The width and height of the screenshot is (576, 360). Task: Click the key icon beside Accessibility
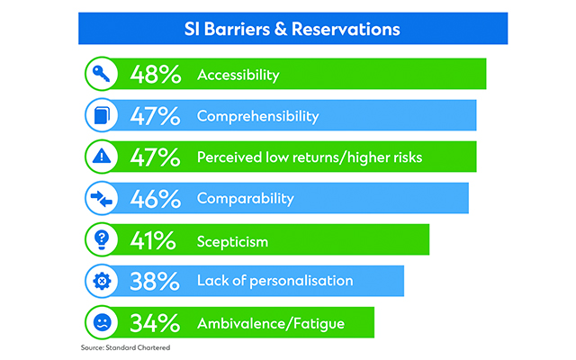click(101, 75)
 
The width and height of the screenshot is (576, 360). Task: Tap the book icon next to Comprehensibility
click(101, 116)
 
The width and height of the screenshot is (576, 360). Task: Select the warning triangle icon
click(101, 157)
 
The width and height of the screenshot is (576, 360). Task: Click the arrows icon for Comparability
click(101, 198)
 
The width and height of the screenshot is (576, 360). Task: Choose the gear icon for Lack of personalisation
click(101, 281)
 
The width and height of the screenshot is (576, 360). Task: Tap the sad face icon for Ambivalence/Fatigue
click(101, 321)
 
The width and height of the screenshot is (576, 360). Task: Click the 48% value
click(154, 75)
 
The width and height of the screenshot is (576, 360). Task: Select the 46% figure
click(154, 198)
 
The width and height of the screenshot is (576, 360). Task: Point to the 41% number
click(154, 240)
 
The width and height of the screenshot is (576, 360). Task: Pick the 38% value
click(154, 281)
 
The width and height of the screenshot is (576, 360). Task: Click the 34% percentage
click(154, 321)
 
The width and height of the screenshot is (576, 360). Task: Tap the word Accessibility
click(238, 76)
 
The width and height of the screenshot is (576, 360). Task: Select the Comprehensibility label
click(257, 116)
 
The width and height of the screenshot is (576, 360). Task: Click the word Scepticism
click(232, 241)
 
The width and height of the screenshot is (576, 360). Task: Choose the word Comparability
click(245, 198)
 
